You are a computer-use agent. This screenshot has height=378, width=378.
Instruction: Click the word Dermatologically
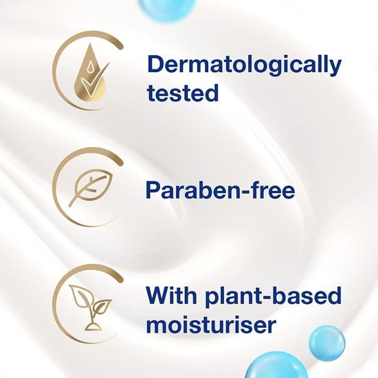pos(243,65)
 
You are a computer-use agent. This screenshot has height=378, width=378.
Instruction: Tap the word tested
pos(182,92)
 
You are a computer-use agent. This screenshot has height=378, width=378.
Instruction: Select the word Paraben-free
pos(221,189)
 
